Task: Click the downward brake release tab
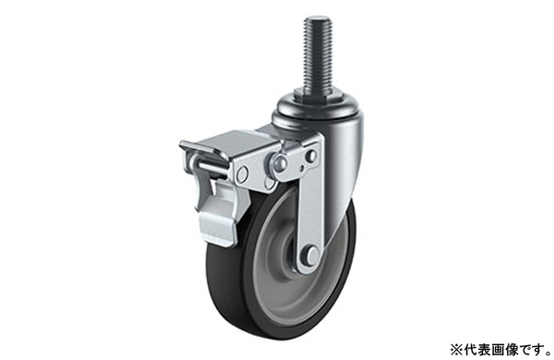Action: click(220, 212)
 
